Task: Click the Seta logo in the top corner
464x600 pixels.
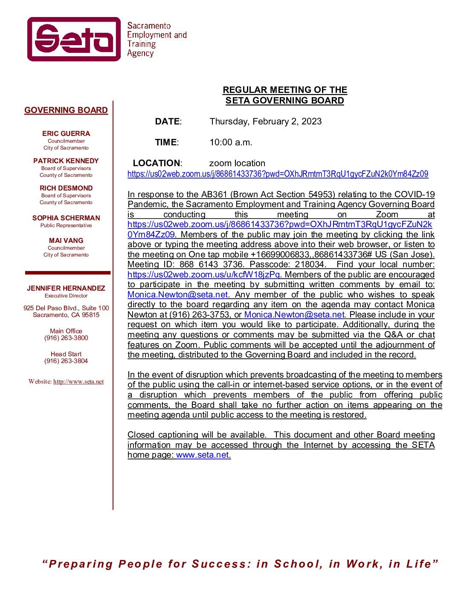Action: [x=74, y=39]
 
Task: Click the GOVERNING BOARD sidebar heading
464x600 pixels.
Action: [x=66, y=110]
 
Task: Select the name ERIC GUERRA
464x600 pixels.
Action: [x=66, y=133]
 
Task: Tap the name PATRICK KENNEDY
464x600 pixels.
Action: [x=66, y=161]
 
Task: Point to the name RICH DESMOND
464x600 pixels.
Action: [x=66, y=188]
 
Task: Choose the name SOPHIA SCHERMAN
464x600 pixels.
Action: [x=66, y=218]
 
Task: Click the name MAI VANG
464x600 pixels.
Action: [x=66, y=240]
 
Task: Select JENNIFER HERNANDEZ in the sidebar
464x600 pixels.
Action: [x=66, y=288]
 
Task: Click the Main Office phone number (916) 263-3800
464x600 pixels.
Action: [x=66, y=338]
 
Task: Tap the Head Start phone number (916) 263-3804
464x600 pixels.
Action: [x=66, y=361]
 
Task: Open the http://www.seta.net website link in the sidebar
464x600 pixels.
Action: [x=78, y=382]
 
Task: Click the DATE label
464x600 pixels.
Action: [x=168, y=121]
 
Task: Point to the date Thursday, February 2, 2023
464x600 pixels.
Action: [x=265, y=121]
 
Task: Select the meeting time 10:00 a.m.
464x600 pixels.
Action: [x=231, y=142]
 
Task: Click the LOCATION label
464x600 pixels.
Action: [x=157, y=163]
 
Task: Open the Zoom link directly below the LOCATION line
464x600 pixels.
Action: [x=278, y=174]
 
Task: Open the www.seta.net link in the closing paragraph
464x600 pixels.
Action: [x=203, y=455]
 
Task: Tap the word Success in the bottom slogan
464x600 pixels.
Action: [x=218, y=564]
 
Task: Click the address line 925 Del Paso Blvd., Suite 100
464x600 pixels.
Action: [x=66, y=308]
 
